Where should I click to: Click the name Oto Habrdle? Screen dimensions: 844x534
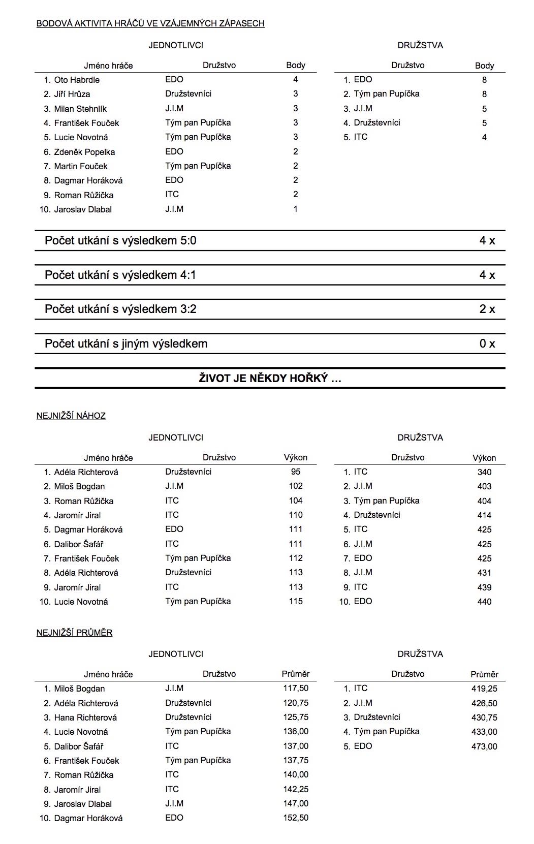pos(77,80)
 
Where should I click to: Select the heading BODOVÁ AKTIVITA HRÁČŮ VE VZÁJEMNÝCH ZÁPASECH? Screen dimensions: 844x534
pos(150,23)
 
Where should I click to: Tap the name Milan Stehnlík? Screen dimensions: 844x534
pos(80,109)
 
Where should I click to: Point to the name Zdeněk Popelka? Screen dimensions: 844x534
pos(84,152)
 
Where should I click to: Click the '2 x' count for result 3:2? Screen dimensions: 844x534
pos(487,309)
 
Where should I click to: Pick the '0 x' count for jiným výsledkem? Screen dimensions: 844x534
pos(487,343)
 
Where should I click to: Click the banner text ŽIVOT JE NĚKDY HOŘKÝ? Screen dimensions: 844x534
pos(270,379)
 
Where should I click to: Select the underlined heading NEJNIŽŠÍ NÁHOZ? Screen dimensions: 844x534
pos(71,416)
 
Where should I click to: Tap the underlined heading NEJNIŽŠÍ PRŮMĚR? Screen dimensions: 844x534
pos(74,633)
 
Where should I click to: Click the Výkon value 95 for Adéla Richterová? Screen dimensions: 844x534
pos(296,472)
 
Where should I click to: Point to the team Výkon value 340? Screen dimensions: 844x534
pos(484,472)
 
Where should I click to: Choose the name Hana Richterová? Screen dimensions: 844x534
pos(85,717)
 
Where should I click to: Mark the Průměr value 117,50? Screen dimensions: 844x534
pos(296,689)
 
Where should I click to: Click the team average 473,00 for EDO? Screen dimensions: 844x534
pos(484,746)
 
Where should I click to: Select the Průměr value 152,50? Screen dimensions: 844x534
pos(296,818)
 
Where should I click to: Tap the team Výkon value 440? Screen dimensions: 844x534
pos(484,602)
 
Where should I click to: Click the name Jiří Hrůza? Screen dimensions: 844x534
pos(72,94)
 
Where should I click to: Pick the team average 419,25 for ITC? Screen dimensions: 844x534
pos(484,689)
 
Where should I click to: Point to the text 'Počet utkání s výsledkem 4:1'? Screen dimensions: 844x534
pos(120,275)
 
